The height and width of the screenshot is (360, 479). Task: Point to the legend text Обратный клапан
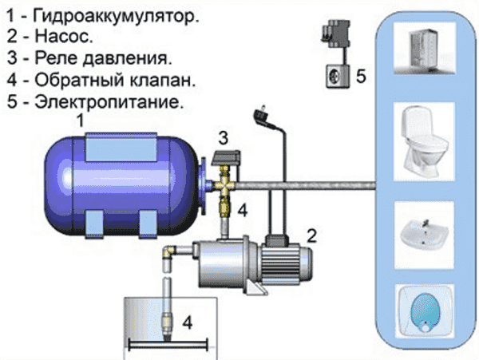pyautogui.click(x=116, y=81)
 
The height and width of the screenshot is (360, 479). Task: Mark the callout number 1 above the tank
pyautogui.click(x=78, y=121)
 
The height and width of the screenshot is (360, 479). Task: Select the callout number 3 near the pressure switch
pyautogui.click(x=224, y=136)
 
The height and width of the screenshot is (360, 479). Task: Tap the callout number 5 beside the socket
pyautogui.click(x=360, y=77)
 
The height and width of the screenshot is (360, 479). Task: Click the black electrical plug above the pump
pyautogui.click(x=260, y=115)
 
